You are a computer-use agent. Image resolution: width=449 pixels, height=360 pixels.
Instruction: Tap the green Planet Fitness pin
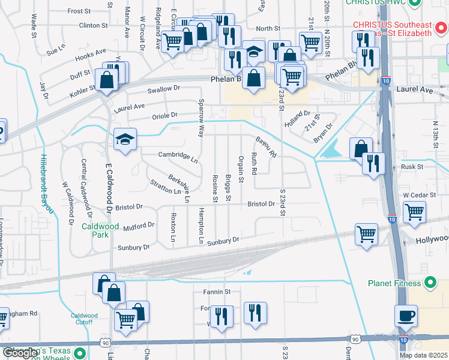point(430,282)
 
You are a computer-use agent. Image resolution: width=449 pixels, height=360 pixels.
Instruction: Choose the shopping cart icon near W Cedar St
point(415,212)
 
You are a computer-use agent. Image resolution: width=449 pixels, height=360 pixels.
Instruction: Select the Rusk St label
point(413,167)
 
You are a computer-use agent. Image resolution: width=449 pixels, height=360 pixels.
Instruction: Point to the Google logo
point(20,353)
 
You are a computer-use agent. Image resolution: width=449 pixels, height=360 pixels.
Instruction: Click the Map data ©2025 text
point(423,355)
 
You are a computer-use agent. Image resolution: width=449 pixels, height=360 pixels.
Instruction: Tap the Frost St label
point(79,11)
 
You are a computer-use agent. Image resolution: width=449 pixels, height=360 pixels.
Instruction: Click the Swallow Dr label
point(164,89)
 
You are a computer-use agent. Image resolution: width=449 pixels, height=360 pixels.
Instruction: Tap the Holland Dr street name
point(298,113)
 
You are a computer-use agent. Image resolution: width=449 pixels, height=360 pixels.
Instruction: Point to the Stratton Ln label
point(166,187)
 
